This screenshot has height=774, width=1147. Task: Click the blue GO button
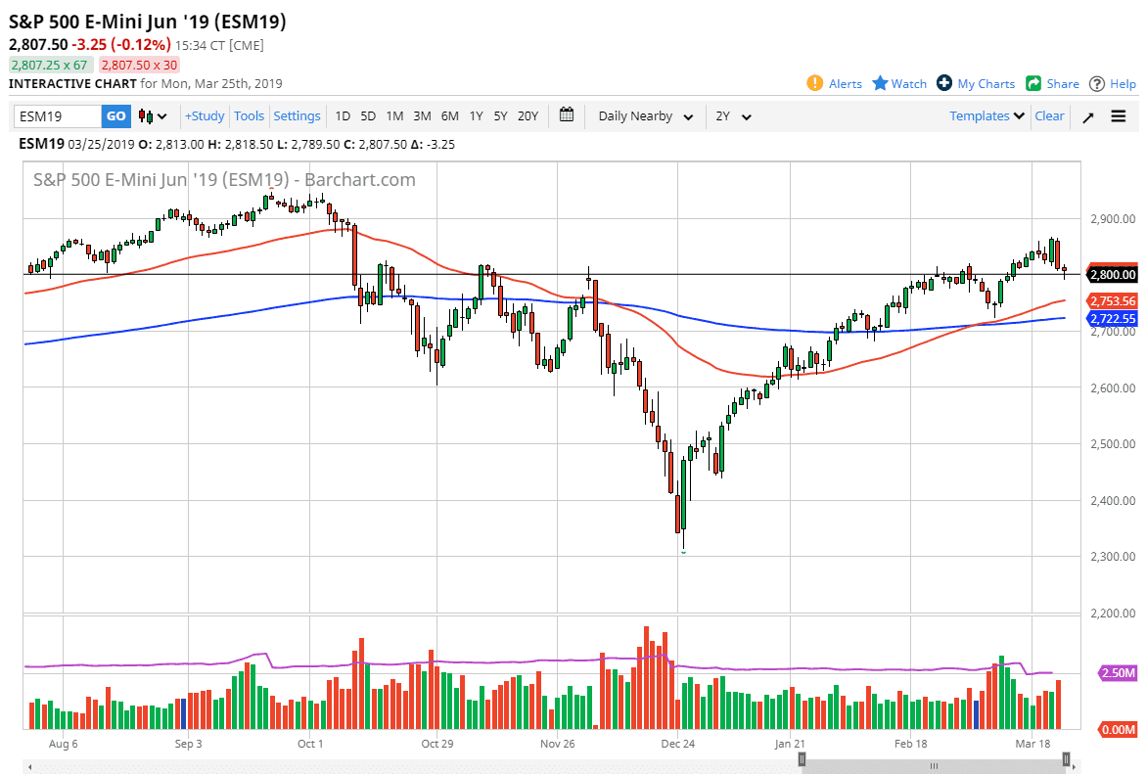point(115,116)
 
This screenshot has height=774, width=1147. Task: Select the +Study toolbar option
point(205,116)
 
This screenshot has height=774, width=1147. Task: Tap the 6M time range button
point(449,116)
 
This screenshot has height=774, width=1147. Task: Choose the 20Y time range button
point(528,116)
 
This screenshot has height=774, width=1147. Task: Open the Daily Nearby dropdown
point(645,116)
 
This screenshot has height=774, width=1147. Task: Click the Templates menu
point(986,116)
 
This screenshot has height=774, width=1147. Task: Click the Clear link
point(1049,116)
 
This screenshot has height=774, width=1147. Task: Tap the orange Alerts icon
point(814,83)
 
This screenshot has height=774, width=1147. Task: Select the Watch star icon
point(880,83)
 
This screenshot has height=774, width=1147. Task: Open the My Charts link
point(986,84)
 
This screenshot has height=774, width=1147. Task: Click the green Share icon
point(1033,83)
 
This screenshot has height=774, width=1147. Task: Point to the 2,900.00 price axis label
point(1114,219)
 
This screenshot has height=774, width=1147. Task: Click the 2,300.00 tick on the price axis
point(1114,557)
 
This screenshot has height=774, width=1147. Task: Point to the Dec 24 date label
point(677,744)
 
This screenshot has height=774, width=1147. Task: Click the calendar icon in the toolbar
point(567,115)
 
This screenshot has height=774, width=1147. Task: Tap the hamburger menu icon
point(1119,116)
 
